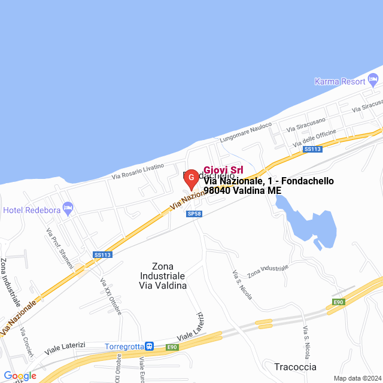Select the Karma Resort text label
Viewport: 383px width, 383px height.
click(339, 81)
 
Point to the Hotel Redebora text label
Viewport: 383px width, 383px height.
click(31, 210)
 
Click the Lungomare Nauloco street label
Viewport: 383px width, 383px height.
click(245, 132)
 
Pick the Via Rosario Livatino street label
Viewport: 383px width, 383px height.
click(138, 172)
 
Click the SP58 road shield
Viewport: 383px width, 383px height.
click(193, 214)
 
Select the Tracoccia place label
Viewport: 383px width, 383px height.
click(295, 367)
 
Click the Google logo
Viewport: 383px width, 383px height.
click(20, 376)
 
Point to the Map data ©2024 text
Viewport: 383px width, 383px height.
click(357, 378)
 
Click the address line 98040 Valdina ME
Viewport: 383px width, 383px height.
click(242, 191)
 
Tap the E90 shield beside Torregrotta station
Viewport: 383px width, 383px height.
click(172, 347)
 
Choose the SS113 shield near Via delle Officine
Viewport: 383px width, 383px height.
click(312, 149)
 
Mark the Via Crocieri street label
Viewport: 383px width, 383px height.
click(26, 342)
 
